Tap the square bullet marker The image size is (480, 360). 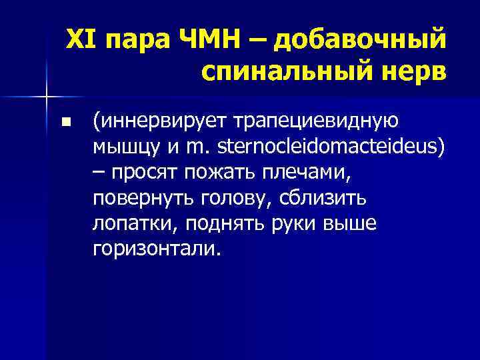pyautogui.click(x=65, y=123)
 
